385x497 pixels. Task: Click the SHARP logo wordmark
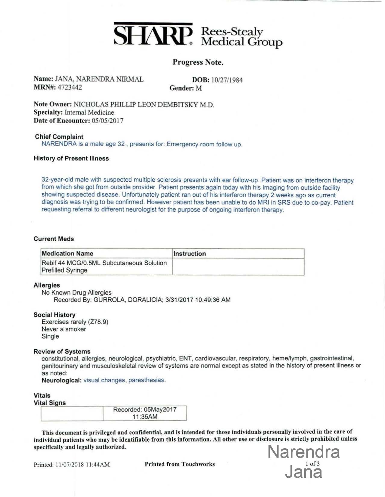pyautogui.click(x=153, y=35)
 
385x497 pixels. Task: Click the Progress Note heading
pyautogui.click(x=198, y=62)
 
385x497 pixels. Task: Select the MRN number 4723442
pyautogui.click(x=70, y=88)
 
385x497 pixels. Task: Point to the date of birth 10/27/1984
pyautogui.click(x=227, y=80)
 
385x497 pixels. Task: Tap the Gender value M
pyautogui.click(x=199, y=88)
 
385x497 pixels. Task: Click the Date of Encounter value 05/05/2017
pyautogui.click(x=107, y=121)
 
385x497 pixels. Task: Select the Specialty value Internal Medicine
pyautogui.click(x=89, y=113)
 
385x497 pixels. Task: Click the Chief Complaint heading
pyautogui.click(x=59, y=137)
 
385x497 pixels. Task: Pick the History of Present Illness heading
pyautogui.click(x=71, y=158)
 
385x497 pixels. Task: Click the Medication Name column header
pyautogui.click(x=67, y=253)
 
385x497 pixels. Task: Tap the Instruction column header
pyautogui.click(x=190, y=254)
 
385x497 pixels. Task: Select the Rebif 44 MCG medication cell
pyautogui.click(x=104, y=266)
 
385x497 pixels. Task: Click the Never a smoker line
pyautogui.click(x=64, y=329)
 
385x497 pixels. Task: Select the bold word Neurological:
pyautogui.click(x=61, y=380)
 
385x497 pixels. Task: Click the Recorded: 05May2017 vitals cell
pyautogui.click(x=145, y=413)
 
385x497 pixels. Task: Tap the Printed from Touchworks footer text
pyautogui.click(x=180, y=464)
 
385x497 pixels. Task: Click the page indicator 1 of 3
pyautogui.click(x=312, y=464)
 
